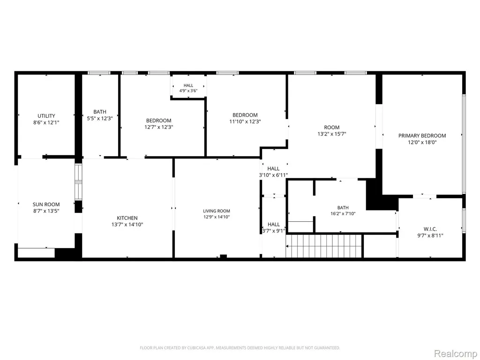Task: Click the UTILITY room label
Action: point(46,116)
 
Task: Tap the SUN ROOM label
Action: point(46,204)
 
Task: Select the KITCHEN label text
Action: point(127,218)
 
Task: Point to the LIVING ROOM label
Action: point(217,211)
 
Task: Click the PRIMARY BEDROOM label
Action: point(422,135)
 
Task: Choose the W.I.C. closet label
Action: point(430,229)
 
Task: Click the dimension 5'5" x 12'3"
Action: point(100,119)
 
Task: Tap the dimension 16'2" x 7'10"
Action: point(343,214)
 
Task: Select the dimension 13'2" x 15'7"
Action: point(332,134)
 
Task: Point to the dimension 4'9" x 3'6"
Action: point(188,90)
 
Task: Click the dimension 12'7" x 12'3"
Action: point(158,127)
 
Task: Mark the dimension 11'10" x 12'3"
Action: point(245,121)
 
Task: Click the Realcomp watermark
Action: point(455,354)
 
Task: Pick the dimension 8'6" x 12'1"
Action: point(46,122)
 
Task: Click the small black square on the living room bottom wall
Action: point(224,256)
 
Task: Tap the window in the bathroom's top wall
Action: point(98,73)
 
